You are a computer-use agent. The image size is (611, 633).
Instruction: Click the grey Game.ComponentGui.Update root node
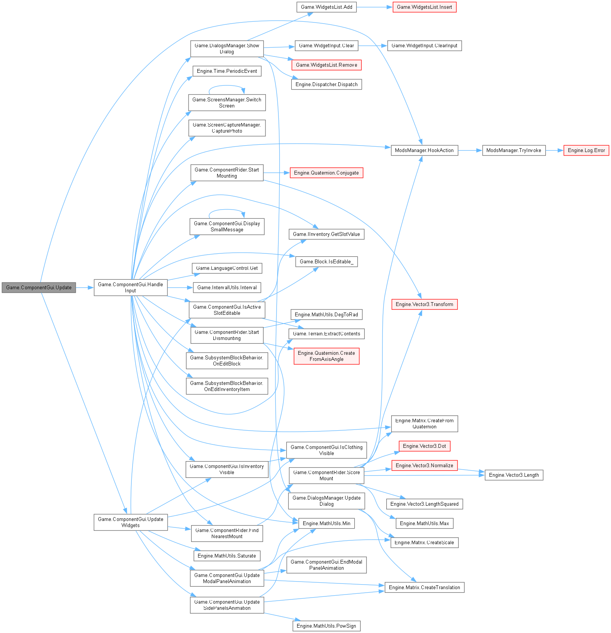(x=39, y=288)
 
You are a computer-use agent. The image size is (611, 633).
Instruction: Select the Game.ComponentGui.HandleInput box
(x=130, y=288)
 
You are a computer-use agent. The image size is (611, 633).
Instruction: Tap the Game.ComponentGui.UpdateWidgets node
(x=130, y=522)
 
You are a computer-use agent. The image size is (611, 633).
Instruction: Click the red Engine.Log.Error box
(x=586, y=151)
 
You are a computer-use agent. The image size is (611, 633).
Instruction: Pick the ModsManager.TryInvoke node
(x=513, y=151)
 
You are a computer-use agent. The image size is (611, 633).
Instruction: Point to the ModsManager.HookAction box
(x=424, y=151)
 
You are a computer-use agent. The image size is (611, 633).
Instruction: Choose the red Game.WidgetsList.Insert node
(x=424, y=7)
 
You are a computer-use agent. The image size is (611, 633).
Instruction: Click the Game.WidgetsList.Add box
(x=326, y=7)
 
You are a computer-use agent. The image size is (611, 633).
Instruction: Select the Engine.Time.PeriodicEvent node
(x=227, y=71)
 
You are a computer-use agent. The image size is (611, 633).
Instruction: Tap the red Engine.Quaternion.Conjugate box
(x=326, y=173)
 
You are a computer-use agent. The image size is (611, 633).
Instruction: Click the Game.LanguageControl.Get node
(x=227, y=268)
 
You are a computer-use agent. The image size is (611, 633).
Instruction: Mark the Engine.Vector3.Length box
(x=513, y=475)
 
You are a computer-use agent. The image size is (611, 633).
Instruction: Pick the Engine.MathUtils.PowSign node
(x=326, y=626)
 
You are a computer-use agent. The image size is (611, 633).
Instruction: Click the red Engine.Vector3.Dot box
(x=424, y=446)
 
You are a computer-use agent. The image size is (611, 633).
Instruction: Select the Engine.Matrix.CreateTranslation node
(x=424, y=588)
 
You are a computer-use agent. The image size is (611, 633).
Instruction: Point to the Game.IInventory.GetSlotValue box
(x=326, y=234)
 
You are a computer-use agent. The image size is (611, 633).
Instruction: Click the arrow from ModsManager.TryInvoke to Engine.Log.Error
(x=554, y=151)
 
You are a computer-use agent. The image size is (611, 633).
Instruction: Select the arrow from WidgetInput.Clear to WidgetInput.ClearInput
(x=373, y=46)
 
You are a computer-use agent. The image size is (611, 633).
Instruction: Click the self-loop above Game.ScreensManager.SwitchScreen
(x=227, y=86)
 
